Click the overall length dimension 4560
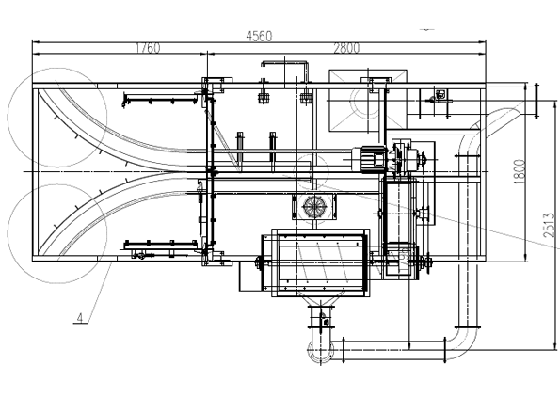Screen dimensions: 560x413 point(259,36)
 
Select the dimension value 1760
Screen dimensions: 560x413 point(148,48)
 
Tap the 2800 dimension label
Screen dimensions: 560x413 point(346,48)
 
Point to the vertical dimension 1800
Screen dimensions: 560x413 point(520,172)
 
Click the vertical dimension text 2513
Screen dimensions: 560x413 point(550,226)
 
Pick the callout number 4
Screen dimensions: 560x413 point(80,318)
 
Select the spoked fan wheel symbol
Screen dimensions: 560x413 point(313,206)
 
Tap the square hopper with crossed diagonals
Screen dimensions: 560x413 point(367,101)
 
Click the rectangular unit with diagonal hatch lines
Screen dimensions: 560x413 point(315,262)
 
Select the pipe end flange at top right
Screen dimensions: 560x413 point(536,101)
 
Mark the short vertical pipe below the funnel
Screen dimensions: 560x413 point(320,322)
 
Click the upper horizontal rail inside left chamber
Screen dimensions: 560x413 point(160,99)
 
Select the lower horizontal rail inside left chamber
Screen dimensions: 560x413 point(161,245)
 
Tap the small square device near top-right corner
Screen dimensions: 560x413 point(440,95)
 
